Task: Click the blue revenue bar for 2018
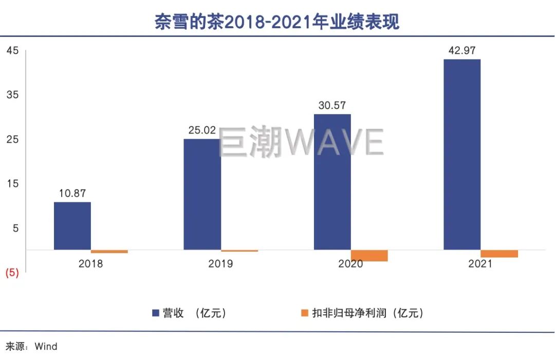pyautogui.click(x=72, y=226)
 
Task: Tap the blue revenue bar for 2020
pyautogui.click(x=332, y=182)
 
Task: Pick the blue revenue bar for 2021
pyautogui.click(x=462, y=154)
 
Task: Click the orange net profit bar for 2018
pyautogui.click(x=109, y=252)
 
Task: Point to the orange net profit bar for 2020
pyautogui.click(x=369, y=256)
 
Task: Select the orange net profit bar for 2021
pyautogui.click(x=499, y=254)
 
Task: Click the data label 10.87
pyautogui.click(x=72, y=194)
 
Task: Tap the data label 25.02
pyautogui.click(x=202, y=130)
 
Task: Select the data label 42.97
pyautogui.click(x=461, y=50)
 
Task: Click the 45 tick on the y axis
pyautogui.click(x=12, y=50)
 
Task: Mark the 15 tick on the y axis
pyautogui.click(x=12, y=183)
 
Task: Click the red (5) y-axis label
pyautogui.click(x=12, y=273)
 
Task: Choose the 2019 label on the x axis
pyautogui.click(x=220, y=264)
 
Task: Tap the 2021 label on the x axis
pyautogui.click(x=480, y=264)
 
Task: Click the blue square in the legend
pyautogui.click(x=156, y=313)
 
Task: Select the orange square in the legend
pyautogui.click(x=304, y=313)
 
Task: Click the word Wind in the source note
pyautogui.click(x=46, y=347)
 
